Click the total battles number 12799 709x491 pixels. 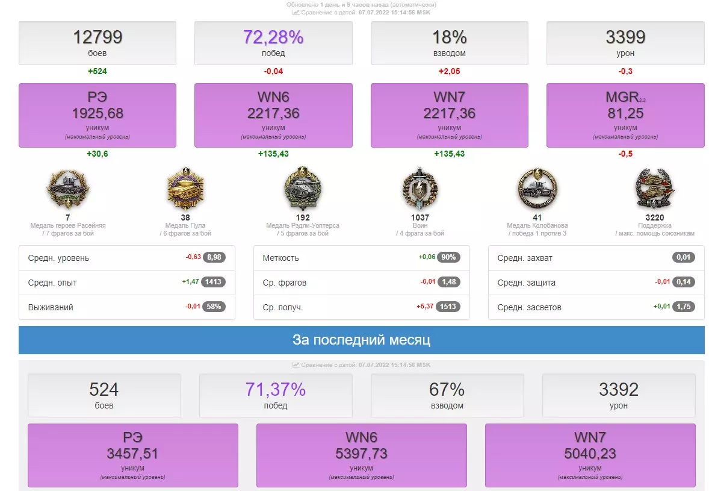(x=98, y=37)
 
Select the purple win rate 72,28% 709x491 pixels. (x=273, y=37)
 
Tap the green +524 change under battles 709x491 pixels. (x=98, y=71)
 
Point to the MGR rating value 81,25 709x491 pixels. (x=625, y=113)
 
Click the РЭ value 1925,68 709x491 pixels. (x=98, y=113)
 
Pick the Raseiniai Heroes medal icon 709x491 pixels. (x=67, y=189)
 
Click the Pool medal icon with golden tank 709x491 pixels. (x=185, y=189)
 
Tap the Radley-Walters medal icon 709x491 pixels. (x=303, y=189)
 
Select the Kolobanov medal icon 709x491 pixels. (x=537, y=189)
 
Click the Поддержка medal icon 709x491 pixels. (x=654, y=189)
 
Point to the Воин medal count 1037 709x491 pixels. (x=420, y=217)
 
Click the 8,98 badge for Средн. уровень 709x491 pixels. (x=214, y=258)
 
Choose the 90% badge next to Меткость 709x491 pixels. (x=449, y=258)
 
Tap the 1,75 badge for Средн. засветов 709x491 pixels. (x=684, y=307)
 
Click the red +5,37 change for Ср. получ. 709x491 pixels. (x=425, y=307)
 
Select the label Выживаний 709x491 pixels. (x=51, y=307)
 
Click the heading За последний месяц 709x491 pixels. (x=361, y=340)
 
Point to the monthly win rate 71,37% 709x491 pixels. (x=276, y=389)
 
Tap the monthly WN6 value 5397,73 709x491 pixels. (x=361, y=453)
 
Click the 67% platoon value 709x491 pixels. (x=447, y=389)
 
